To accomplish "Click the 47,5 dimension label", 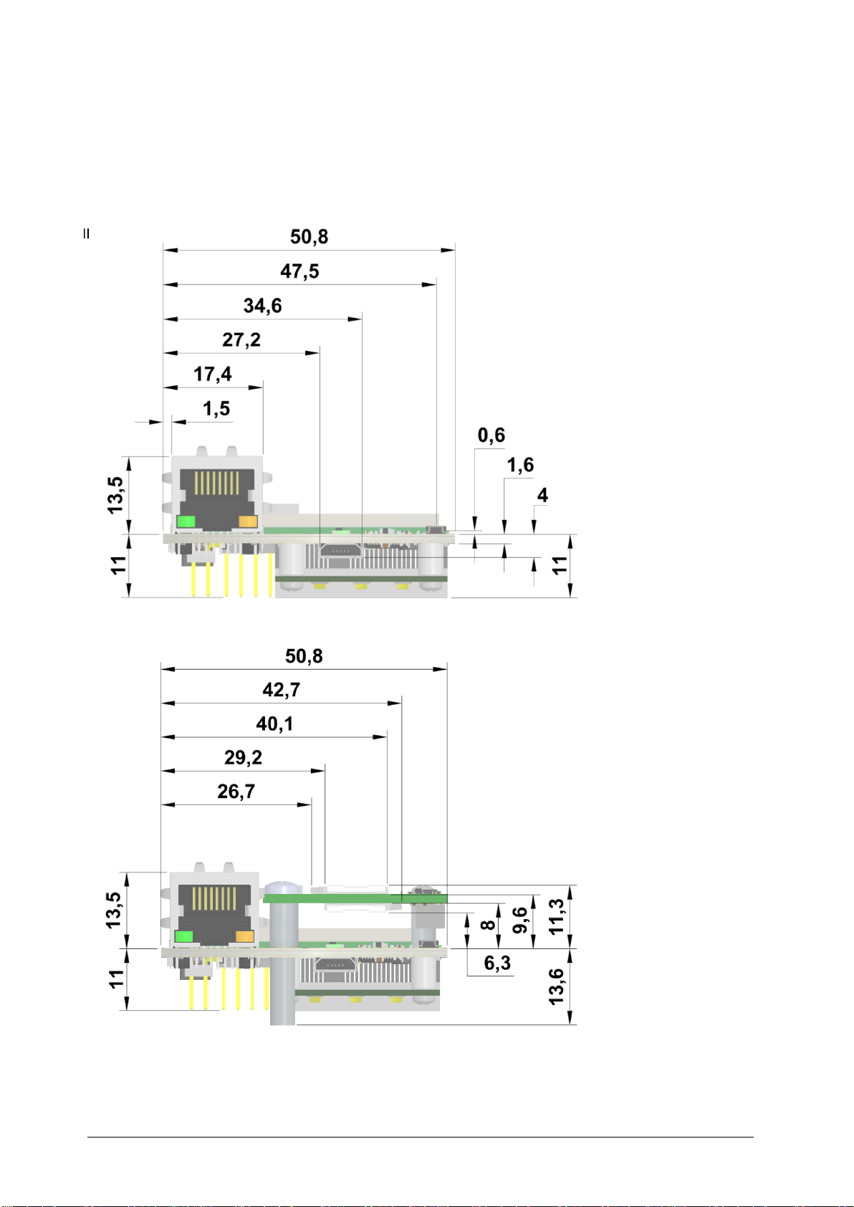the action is click(299, 271).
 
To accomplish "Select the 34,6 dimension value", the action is click(262, 306).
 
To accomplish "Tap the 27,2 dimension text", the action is click(241, 340).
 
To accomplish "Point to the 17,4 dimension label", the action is click(213, 374).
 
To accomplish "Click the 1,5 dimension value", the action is click(216, 408).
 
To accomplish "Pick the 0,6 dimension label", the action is click(491, 435).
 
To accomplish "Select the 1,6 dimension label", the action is click(520, 466).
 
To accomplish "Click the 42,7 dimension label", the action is click(281, 690).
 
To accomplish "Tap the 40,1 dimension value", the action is click(274, 724).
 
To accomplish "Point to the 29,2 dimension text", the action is click(243, 757).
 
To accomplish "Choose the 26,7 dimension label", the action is click(236, 792).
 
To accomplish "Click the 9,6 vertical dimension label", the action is click(521, 920).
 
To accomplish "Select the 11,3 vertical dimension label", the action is click(557, 917).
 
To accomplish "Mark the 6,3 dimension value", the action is click(497, 963).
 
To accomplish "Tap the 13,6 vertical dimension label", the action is click(557, 986).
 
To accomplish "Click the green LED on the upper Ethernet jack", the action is click(186, 522).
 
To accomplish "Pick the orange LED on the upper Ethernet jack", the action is click(249, 522).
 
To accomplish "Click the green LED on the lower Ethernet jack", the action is click(184, 936).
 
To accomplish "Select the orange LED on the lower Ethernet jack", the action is click(245, 936).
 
